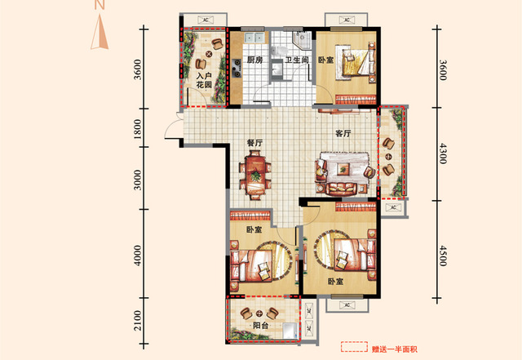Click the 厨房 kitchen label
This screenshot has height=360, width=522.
click(x=255, y=60)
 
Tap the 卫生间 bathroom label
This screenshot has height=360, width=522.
click(x=297, y=60)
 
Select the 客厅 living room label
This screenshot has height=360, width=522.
click(x=343, y=133)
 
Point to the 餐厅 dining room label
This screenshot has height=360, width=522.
click(x=254, y=143)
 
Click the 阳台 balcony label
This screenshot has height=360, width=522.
click(x=261, y=326)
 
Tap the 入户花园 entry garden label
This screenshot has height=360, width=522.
click(x=204, y=80)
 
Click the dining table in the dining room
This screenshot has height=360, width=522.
click(x=255, y=176)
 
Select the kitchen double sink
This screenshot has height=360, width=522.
click(x=254, y=38)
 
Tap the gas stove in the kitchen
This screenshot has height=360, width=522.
click(x=237, y=67)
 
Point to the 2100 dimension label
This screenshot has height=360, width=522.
click(x=138, y=321)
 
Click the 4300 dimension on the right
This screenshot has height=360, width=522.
click(x=442, y=153)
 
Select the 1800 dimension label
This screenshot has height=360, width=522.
click(x=138, y=128)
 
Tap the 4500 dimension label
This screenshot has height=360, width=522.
click(x=442, y=256)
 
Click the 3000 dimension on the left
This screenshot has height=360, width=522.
click(x=138, y=180)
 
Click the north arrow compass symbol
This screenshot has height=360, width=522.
click(x=100, y=32)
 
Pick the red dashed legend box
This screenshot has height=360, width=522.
click(x=354, y=347)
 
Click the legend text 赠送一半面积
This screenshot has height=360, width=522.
click(x=394, y=349)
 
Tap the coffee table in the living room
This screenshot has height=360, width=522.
click(x=343, y=169)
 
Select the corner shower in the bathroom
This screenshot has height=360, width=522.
click(x=302, y=40)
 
